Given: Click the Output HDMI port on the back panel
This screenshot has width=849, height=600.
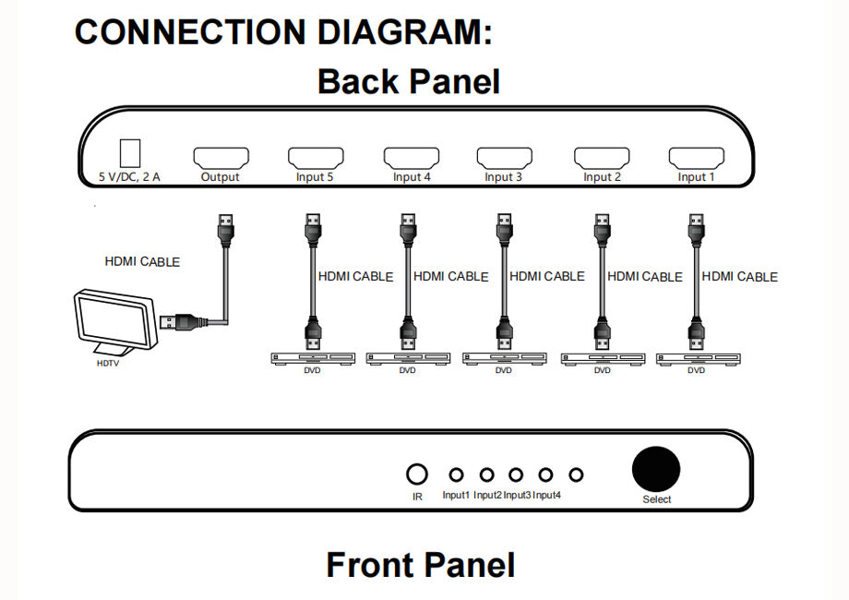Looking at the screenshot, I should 220,157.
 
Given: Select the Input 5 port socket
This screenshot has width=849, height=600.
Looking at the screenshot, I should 316,157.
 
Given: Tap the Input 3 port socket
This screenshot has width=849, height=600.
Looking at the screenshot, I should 504,157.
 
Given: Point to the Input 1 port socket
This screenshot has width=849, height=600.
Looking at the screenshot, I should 697,157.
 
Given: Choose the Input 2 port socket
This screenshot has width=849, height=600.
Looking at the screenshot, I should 602,157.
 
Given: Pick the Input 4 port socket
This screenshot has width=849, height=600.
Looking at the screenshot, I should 412,157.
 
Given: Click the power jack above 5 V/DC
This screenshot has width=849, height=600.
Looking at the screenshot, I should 130,153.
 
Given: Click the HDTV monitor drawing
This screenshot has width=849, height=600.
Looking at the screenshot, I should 114,322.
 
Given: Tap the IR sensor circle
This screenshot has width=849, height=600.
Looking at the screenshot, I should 417,474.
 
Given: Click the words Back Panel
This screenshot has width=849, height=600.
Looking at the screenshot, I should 408,81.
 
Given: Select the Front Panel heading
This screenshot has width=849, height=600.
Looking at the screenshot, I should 420,564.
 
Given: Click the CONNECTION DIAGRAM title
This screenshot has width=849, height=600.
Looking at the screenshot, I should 283,31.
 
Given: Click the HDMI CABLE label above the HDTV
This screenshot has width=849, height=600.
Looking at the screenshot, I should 142,262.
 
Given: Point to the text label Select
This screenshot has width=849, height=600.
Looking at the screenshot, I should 657,499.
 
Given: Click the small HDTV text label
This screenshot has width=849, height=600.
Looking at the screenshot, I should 108,364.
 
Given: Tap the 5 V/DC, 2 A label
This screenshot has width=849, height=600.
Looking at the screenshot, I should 130,177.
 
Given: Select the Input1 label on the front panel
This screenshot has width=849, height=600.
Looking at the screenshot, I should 456,496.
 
